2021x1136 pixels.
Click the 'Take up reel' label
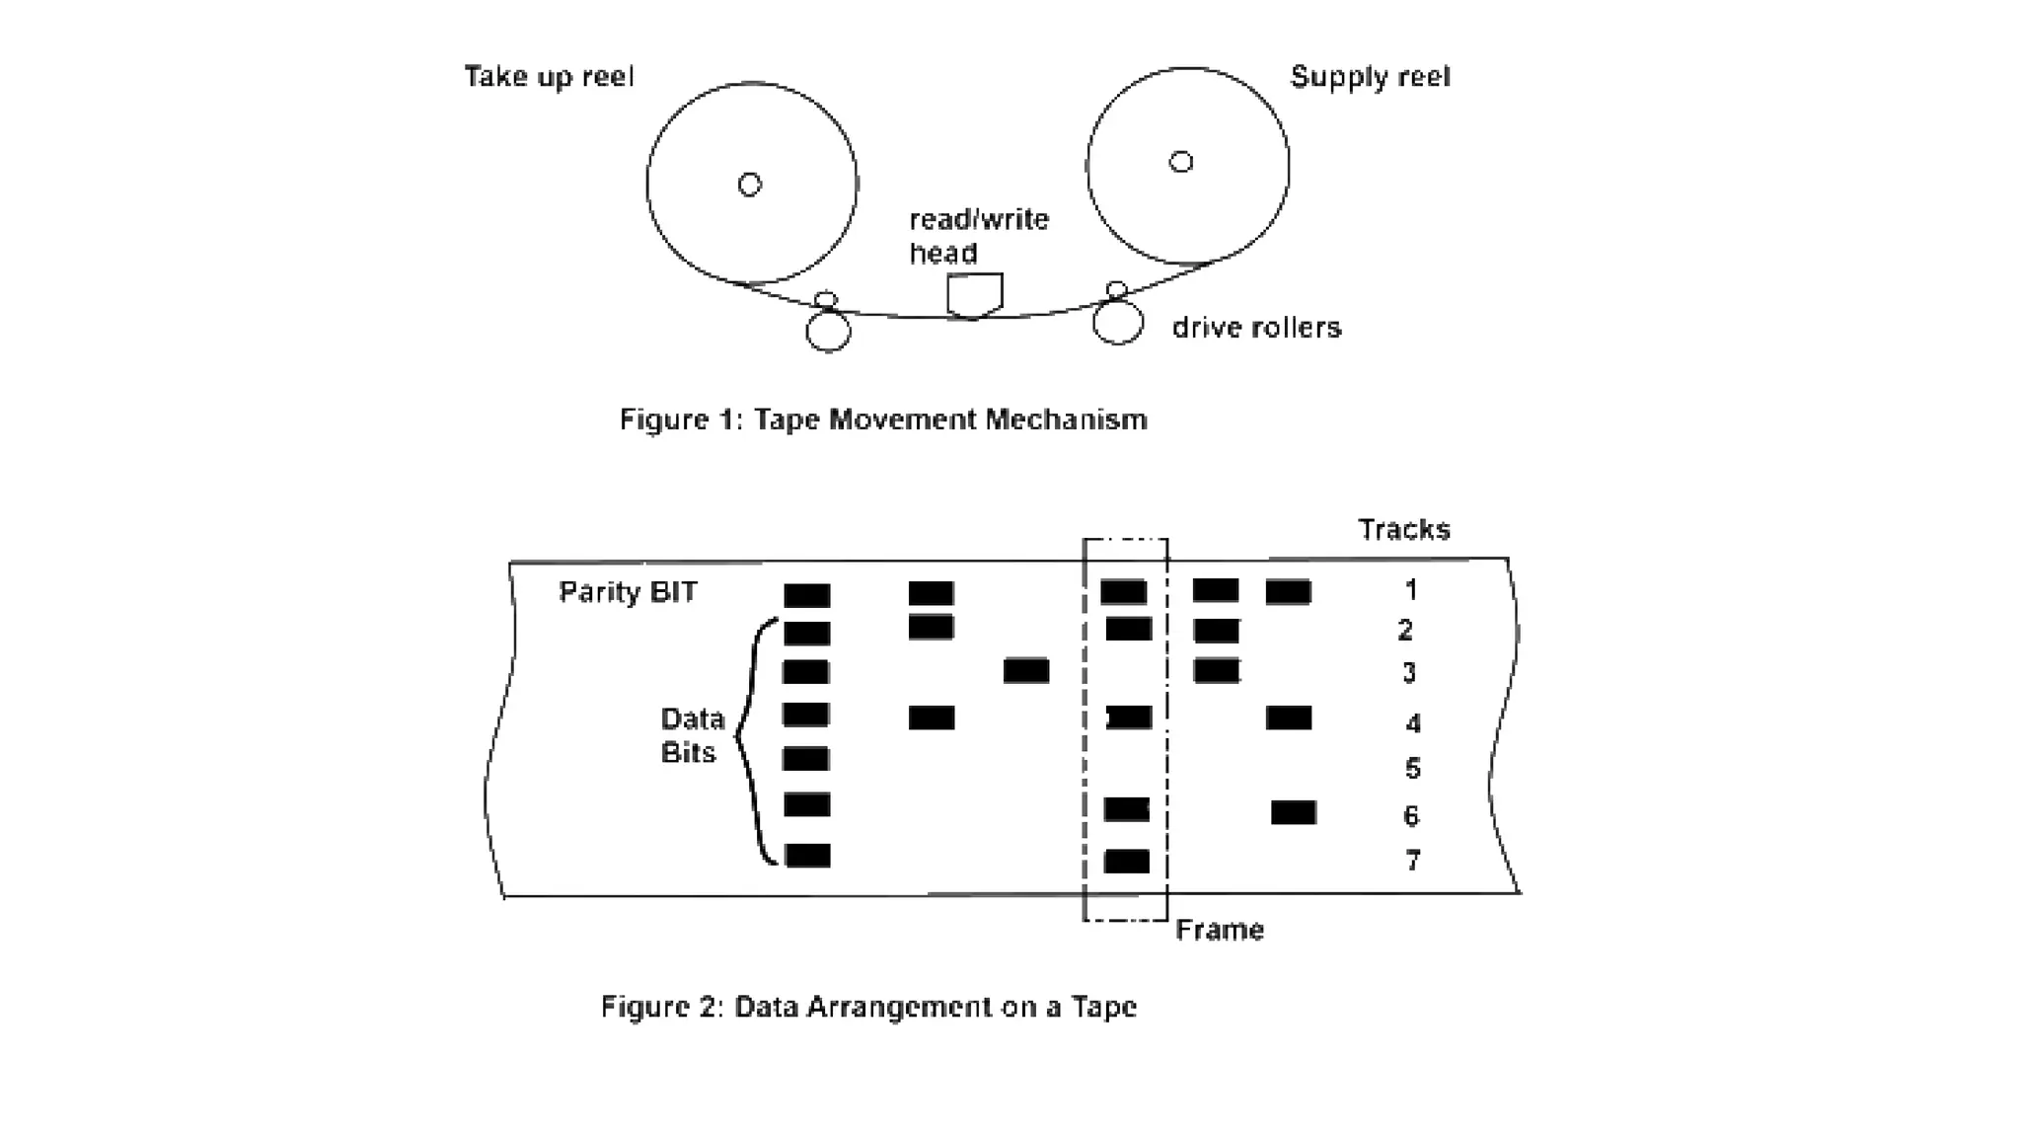pyautogui.click(x=549, y=77)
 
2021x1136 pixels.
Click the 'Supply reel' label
pyautogui.click(x=1370, y=77)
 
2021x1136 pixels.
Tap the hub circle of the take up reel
pyautogui.click(x=750, y=185)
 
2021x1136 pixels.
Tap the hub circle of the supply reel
pyautogui.click(x=1181, y=162)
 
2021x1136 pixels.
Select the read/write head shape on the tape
pyautogui.click(x=974, y=295)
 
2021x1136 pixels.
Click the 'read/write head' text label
pyautogui.click(x=978, y=236)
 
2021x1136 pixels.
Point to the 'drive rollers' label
pyautogui.click(x=1256, y=328)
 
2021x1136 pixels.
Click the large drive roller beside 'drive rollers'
pyautogui.click(x=1118, y=323)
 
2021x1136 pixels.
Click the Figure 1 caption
pyautogui.click(x=883, y=419)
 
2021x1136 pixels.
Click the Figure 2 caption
pyautogui.click(x=868, y=1007)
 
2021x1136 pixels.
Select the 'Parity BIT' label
pyautogui.click(x=628, y=592)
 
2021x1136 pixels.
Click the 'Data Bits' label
pyautogui.click(x=691, y=735)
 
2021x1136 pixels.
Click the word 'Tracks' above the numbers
pyautogui.click(x=1403, y=530)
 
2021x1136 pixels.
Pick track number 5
pyautogui.click(x=1412, y=768)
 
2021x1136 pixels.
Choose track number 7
pyautogui.click(x=1412, y=861)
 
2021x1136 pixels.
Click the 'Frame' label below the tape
pyautogui.click(x=1219, y=930)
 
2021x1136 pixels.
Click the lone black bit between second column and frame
pyautogui.click(x=1025, y=671)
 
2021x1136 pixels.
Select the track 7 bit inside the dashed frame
pyautogui.click(x=1126, y=861)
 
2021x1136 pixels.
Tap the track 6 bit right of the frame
pyautogui.click(x=1293, y=812)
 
